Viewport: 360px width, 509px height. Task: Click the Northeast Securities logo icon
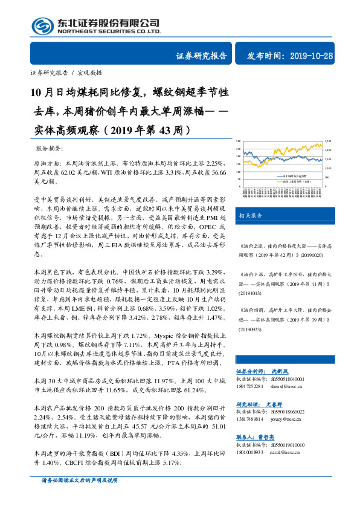[42, 25]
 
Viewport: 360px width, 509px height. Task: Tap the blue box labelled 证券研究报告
[201, 56]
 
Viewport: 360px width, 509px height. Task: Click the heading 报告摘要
[49, 149]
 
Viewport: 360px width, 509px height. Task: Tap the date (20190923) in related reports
[251, 331]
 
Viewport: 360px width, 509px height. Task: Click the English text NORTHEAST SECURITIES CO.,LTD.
[108, 31]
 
